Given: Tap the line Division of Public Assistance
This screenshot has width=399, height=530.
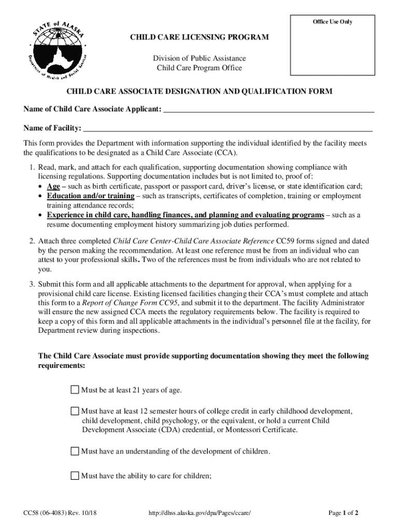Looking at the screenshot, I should (x=199, y=58).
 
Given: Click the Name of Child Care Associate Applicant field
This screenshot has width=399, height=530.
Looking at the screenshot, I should (x=269, y=109).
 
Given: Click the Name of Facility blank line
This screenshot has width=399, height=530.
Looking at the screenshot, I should (x=227, y=128).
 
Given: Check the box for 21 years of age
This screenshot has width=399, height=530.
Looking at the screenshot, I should (x=75, y=390).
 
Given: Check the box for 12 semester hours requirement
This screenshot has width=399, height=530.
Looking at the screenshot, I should (x=75, y=411).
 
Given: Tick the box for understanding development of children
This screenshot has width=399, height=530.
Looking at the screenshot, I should (x=75, y=451).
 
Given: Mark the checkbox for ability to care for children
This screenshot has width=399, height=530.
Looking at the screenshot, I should (x=75, y=476).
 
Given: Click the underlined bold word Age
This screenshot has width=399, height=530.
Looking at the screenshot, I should (x=53, y=186).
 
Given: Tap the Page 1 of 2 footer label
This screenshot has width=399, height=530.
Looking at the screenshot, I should (x=344, y=513).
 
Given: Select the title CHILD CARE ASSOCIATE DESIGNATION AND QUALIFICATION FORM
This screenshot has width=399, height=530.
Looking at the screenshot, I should (x=199, y=92).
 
